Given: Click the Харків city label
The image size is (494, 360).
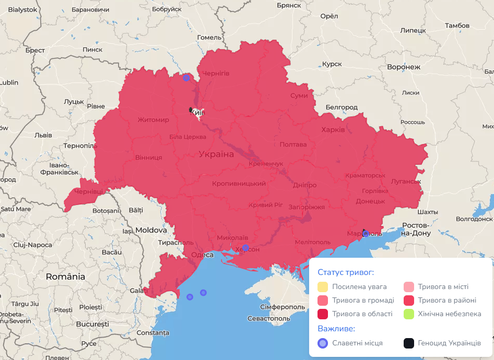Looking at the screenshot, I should pyautogui.click(x=333, y=129).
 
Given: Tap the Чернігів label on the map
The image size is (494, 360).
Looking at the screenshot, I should pyautogui.click(x=215, y=74).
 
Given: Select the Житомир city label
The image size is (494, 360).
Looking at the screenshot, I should pyautogui.click(x=154, y=120).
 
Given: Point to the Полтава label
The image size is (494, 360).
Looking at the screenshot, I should pyautogui.click(x=293, y=145).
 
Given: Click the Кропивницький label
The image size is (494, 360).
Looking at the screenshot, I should pyautogui.click(x=239, y=184).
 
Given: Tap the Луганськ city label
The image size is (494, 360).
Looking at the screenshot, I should pyautogui.click(x=406, y=182).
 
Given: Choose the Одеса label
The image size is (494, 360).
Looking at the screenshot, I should pyautogui.click(x=202, y=255).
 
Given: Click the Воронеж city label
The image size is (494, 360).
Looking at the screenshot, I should pyautogui.click(x=403, y=67).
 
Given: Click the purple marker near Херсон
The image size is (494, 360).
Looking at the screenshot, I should pyautogui.click(x=245, y=248).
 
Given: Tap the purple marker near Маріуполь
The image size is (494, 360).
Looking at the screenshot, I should pyautogui.click(x=366, y=233).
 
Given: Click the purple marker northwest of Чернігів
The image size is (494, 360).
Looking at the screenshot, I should pyautogui.click(x=186, y=78).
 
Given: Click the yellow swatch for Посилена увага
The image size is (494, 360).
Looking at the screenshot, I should pyautogui.click(x=323, y=286).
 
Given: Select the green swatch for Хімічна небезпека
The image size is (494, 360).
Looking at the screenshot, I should pyautogui.click(x=408, y=314).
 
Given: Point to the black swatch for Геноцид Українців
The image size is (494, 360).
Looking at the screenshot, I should pyautogui.click(x=408, y=343).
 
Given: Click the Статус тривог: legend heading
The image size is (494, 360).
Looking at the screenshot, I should pyautogui.click(x=346, y=272).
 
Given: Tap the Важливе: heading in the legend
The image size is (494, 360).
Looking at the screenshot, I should pyautogui.click(x=336, y=329).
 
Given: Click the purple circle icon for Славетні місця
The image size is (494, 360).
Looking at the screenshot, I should pyautogui.click(x=323, y=343).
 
